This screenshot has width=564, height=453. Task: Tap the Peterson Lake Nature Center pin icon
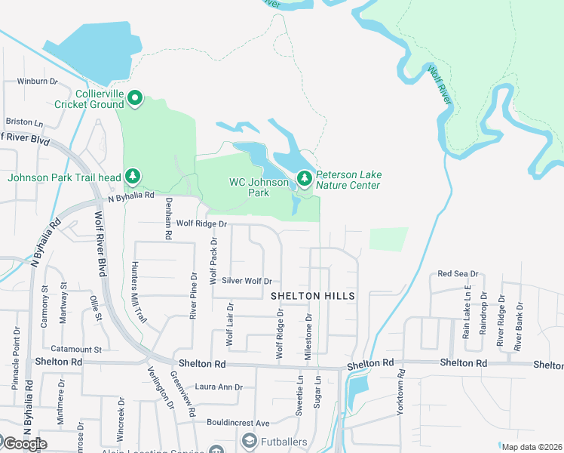pyautogui.click(x=304, y=178)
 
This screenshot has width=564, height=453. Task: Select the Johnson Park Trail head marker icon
pyautogui.click(x=133, y=177)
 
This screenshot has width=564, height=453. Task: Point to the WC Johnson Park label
pyautogui.click(x=259, y=187)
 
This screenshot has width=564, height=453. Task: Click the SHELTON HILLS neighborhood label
pyautogui.click(x=312, y=297)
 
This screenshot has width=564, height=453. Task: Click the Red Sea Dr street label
pyautogui.click(x=458, y=273)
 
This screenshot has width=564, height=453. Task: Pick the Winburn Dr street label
pyautogui.click(x=38, y=81)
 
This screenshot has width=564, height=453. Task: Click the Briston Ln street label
pyautogui.click(x=24, y=122)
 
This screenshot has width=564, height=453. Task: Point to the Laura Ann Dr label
pyautogui.click(x=219, y=387)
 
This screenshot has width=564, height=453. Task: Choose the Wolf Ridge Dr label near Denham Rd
pyautogui.click(x=201, y=223)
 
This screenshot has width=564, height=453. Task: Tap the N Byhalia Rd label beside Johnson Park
pyautogui.click(x=131, y=196)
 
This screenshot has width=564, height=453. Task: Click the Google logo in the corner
pyautogui.click(x=24, y=443)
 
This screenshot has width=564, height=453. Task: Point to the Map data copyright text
pyautogui.click(x=532, y=447)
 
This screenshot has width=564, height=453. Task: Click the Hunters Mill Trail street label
pyautogui.click(x=138, y=291)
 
